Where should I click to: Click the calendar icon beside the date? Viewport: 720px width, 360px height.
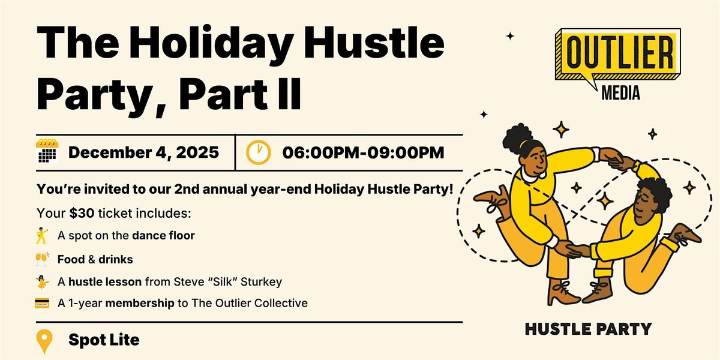pyautogui.click(x=47, y=152)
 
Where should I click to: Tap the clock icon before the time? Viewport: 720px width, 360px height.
pyautogui.click(x=258, y=152)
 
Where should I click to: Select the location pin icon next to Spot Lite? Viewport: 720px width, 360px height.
pyautogui.click(x=45, y=341)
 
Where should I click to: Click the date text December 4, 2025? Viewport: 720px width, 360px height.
pyautogui.click(x=143, y=152)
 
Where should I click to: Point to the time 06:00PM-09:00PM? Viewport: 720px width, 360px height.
pyautogui.click(x=363, y=152)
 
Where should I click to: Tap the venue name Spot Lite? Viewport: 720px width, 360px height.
pyautogui.click(x=104, y=340)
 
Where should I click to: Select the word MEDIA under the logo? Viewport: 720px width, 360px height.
pyautogui.click(x=620, y=93)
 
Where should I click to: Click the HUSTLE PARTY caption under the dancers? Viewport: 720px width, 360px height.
pyautogui.click(x=588, y=329)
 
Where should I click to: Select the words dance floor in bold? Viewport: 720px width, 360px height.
pyautogui.click(x=163, y=236)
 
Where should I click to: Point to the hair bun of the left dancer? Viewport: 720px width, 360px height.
pyautogui.click(x=515, y=132)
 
